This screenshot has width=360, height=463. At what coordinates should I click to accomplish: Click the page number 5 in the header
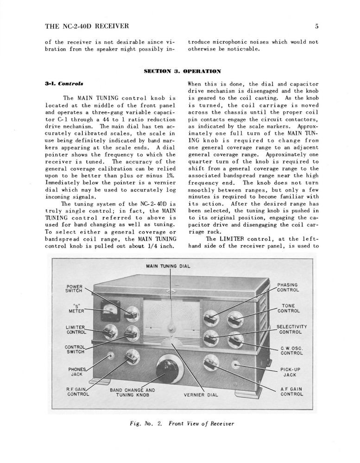pos(316,26)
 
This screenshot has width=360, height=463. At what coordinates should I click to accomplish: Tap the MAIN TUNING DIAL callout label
pos(168,266)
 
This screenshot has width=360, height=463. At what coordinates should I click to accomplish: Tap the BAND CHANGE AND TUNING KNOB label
pos(132,393)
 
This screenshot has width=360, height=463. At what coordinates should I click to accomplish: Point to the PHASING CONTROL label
pos(288,288)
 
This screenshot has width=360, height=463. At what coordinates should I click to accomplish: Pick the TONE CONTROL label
pos(289,308)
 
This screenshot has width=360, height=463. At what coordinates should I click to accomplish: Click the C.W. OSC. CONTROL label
pos(291,350)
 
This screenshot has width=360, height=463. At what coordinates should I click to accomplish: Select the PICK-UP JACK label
pos(290,372)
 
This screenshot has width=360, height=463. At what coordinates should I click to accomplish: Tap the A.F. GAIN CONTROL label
pos(291,392)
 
